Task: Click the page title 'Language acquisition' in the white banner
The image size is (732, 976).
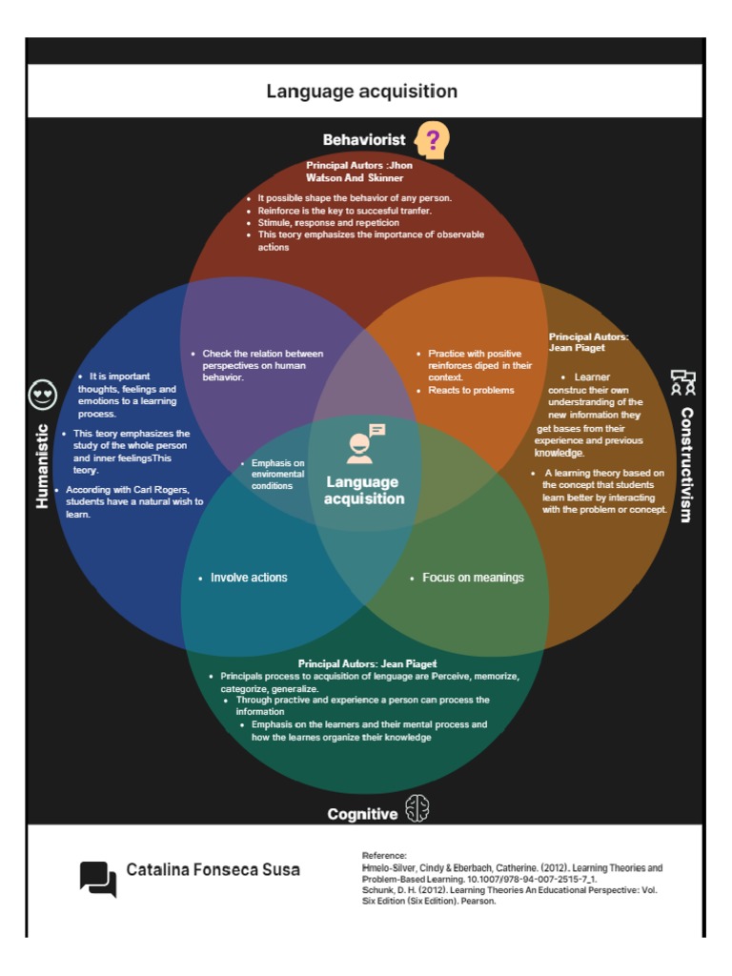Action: tap(361, 91)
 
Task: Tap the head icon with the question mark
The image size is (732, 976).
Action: tap(432, 141)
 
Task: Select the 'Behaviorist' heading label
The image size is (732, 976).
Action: tap(364, 140)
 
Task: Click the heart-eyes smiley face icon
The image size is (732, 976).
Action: tap(43, 394)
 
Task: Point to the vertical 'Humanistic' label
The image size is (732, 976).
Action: tap(43, 465)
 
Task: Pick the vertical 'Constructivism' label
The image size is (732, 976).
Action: tap(685, 465)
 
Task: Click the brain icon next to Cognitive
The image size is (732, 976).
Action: tap(417, 809)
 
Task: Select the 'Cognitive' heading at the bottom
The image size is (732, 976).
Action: tap(362, 814)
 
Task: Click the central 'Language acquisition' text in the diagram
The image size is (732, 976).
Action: tap(364, 490)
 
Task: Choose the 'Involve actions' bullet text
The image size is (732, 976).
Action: tap(248, 578)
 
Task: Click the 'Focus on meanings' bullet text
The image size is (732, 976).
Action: tap(473, 578)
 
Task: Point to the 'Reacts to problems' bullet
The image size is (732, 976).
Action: tap(471, 390)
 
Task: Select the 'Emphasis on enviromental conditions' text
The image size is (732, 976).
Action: tap(277, 474)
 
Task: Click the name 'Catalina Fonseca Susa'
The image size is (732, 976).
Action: tap(213, 869)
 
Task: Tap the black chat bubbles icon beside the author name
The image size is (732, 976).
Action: tap(98, 878)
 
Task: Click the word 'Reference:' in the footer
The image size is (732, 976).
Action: tap(384, 856)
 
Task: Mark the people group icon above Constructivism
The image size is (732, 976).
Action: tap(682, 383)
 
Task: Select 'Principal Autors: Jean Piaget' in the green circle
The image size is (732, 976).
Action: tap(367, 663)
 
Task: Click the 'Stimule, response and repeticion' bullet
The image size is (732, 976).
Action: tap(328, 222)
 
